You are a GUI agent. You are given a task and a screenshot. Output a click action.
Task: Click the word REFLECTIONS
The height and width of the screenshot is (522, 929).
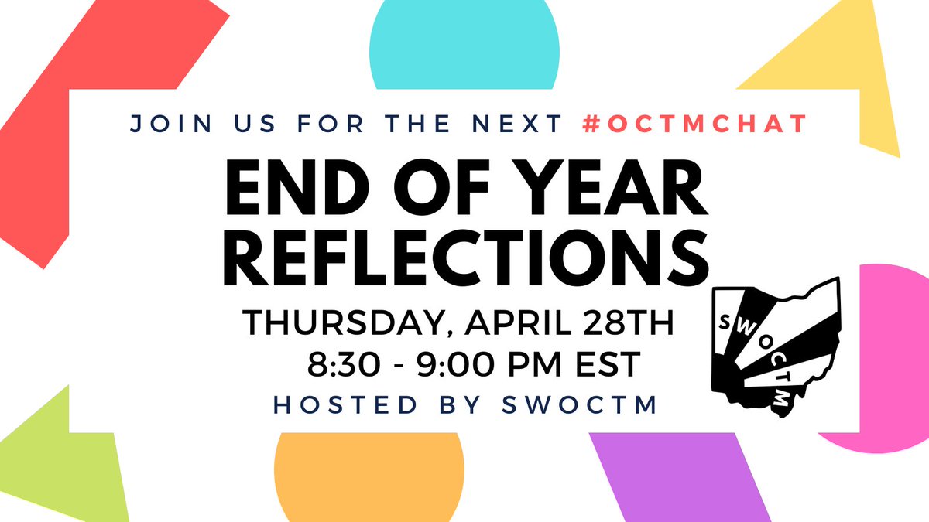click(x=465, y=258)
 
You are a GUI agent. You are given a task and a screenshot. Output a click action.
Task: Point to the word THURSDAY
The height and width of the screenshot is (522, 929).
click(x=338, y=323)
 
